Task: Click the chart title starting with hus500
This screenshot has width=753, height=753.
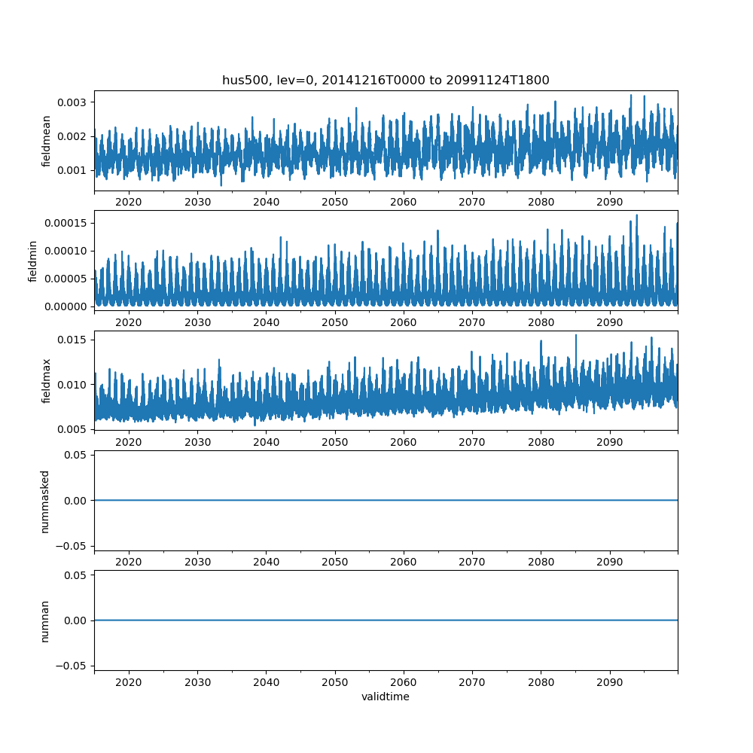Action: (x=386, y=80)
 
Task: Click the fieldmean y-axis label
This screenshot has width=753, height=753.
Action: (x=47, y=141)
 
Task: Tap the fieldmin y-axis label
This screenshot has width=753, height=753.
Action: (x=33, y=261)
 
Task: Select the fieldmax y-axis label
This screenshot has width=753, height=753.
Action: (x=47, y=380)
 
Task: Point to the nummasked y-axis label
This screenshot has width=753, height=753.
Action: (x=45, y=501)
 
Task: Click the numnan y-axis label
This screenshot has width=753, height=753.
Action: (x=45, y=620)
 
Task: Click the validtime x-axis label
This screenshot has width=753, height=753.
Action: (x=386, y=697)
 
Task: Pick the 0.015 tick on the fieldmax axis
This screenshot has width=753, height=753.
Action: (x=72, y=340)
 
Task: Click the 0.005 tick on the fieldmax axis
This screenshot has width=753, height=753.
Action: (x=72, y=429)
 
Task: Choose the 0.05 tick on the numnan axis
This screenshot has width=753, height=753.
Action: (x=72, y=575)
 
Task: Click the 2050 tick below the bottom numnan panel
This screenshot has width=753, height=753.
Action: (x=335, y=682)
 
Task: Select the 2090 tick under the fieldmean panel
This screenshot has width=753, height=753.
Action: (x=610, y=202)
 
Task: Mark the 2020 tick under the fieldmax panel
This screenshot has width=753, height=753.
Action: (x=129, y=442)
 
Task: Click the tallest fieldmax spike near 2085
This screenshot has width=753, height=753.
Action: (x=576, y=335)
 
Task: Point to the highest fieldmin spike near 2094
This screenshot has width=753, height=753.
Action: (x=636, y=215)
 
